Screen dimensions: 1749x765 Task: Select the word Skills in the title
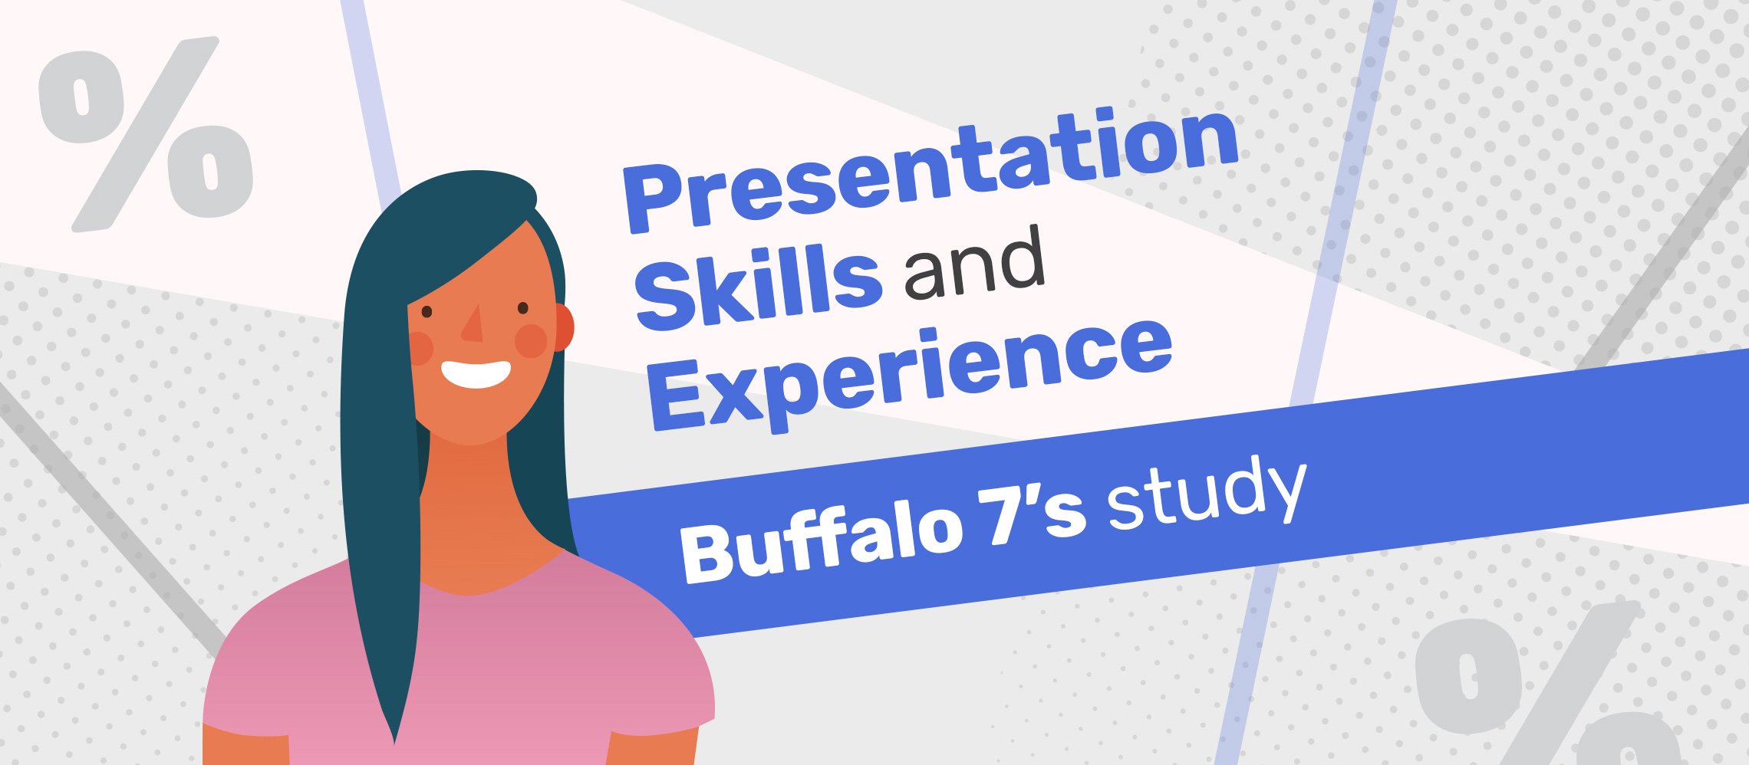tap(758, 288)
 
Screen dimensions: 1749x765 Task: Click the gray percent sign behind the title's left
tap(146, 134)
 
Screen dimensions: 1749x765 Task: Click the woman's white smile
tap(476, 373)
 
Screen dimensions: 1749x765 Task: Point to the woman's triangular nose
tap(473, 323)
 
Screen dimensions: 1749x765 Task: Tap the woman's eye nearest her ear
tap(523, 308)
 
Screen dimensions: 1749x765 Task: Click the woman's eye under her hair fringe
tap(427, 312)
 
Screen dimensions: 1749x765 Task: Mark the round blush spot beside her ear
tap(531, 341)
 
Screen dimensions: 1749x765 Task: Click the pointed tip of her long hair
tap(394, 742)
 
